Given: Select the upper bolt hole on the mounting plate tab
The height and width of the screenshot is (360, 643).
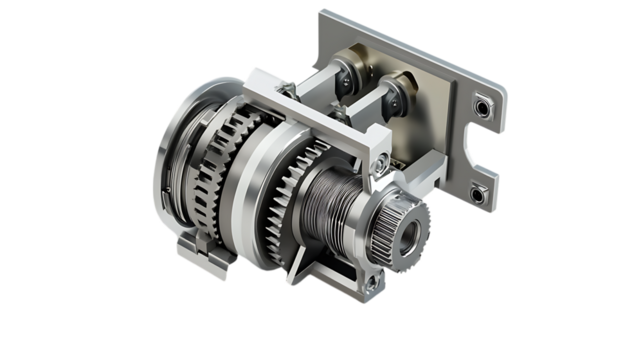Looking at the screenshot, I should pyautogui.click(x=484, y=106).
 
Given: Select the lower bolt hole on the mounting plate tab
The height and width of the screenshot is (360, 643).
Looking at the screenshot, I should pyautogui.click(x=478, y=194).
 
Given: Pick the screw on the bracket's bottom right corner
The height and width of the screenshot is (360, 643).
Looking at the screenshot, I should pyautogui.click(x=371, y=284).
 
